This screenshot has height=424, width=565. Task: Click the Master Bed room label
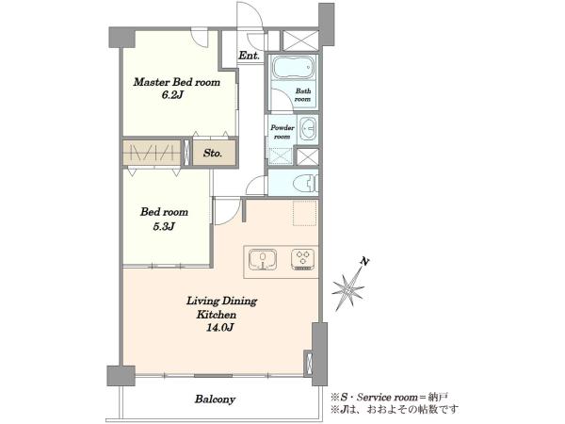click(x=177, y=82)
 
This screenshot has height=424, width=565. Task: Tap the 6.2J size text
click(x=173, y=95)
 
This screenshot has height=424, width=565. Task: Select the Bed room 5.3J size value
click(x=164, y=226)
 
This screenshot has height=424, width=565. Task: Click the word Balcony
click(x=215, y=400)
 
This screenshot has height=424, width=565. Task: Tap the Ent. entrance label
click(x=249, y=56)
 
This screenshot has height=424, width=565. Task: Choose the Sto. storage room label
click(x=212, y=154)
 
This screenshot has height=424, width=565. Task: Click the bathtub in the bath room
click(x=293, y=68)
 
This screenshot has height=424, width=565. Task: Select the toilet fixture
click(x=305, y=184)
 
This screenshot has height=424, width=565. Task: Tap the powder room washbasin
click(x=307, y=128)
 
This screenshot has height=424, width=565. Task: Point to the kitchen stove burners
click(x=302, y=259)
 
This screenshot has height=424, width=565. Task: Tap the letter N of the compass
click(x=366, y=262)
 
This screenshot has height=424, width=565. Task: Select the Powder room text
click(x=282, y=132)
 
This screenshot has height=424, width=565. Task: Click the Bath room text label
click(x=302, y=95)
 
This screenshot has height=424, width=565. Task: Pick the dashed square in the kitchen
click(x=305, y=214)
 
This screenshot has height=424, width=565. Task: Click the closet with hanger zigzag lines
click(x=152, y=153)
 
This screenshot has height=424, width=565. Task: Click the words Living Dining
click(x=221, y=302)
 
